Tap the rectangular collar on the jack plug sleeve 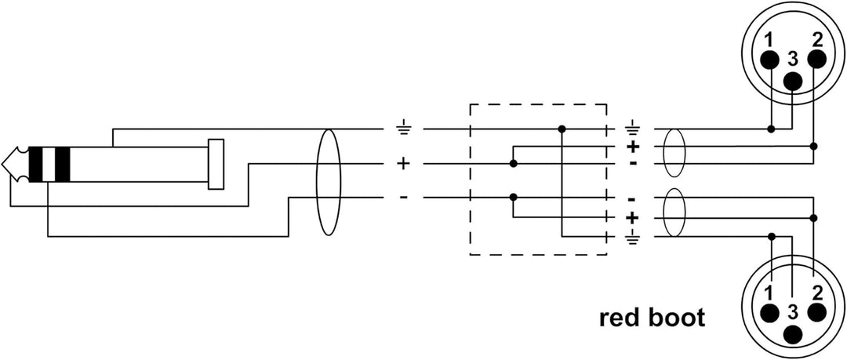[216, 164]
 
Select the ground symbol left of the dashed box [404, 128]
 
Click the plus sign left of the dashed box [404, 164]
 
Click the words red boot [652, 318]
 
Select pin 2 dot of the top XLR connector [816, 59]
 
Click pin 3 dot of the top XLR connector [794, 79]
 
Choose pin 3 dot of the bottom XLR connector [794, 332]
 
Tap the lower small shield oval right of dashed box [674, 213]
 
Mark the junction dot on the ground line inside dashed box [562, 129]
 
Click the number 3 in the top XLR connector [794, 57]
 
